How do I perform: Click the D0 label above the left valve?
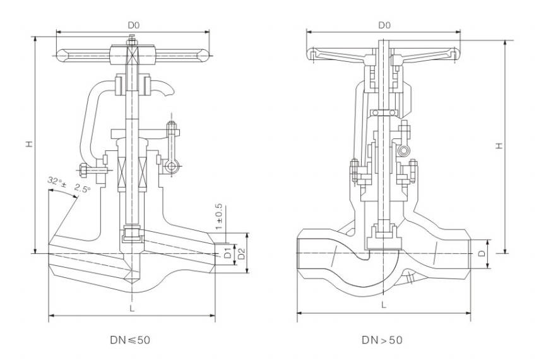point(133,25)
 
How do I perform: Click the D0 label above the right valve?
point(384,25)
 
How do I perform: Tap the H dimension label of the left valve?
point(28,145)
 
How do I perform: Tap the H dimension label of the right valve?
point(499,145)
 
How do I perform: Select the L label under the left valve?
point(131,308)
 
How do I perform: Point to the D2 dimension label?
point(239,255)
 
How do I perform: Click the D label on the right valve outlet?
point(481,254)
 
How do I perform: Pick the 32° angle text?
point(55,182)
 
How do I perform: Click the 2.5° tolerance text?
point(82,188)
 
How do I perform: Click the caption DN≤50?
point(129,340)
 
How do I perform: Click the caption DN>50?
point(381,340)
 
